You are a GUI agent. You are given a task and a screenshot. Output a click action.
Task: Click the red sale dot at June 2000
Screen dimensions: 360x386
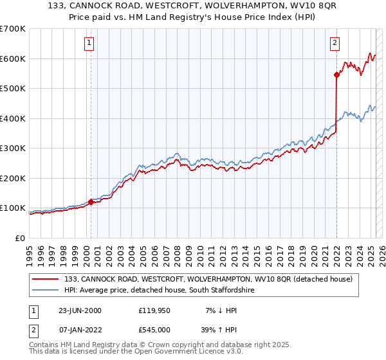(x=91, y=202)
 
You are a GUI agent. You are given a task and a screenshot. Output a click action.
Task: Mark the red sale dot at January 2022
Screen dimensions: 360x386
(x=336, y=75)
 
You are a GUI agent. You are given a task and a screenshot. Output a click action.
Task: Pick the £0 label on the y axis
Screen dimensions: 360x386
(x=19, y=238)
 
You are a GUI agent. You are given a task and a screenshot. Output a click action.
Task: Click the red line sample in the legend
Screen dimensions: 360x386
(x=46, y=280)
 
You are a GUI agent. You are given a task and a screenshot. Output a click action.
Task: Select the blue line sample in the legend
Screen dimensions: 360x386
(x=46, y=291)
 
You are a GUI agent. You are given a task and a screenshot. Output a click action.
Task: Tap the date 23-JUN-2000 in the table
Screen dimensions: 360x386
(x=80, y=310)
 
